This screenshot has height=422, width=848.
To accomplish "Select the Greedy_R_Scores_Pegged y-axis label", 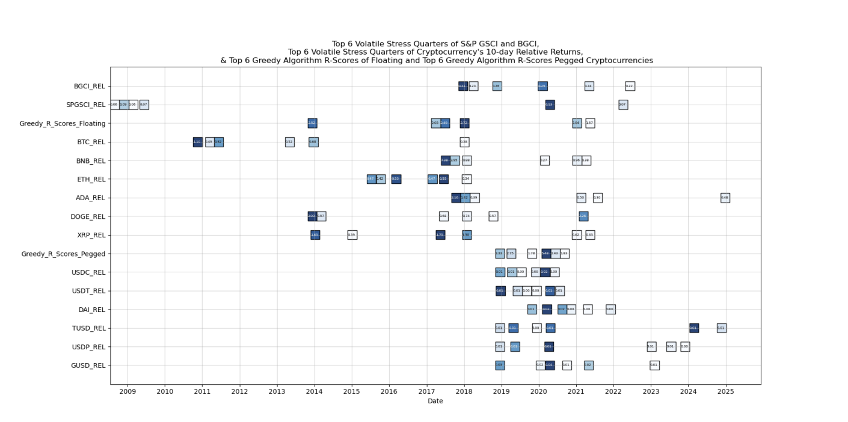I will [63, 254].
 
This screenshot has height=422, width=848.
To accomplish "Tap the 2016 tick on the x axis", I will [389, 392].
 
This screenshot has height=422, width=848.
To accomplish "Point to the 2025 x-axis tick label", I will [725, 392].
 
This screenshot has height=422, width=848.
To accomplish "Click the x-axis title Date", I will [435, 401].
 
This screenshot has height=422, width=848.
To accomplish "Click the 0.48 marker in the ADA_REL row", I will [725, 198].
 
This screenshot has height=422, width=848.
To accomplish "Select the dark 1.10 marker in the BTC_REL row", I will [197, 142].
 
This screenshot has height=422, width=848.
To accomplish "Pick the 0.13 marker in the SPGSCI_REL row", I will [549, 105].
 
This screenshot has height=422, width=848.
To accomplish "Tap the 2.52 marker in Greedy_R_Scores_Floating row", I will [312, 123].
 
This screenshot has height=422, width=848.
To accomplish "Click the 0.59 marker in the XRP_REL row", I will [352, 235].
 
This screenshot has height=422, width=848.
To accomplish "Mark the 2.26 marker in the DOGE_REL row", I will [583, 216].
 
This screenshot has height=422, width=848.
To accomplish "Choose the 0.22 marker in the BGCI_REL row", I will [630, 86].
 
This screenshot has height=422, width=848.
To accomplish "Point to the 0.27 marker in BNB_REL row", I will [544, 161].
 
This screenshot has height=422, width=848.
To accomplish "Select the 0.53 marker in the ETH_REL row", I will [396, 179].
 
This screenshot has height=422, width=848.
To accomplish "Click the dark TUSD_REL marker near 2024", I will [693, 328].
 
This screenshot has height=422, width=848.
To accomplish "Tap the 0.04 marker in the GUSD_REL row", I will [549, 365].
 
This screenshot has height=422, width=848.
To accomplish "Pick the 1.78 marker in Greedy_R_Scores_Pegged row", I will [532, 254].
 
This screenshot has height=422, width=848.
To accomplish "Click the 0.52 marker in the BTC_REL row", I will [289, 142].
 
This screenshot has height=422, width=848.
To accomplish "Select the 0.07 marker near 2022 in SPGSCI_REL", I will [623, 105].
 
